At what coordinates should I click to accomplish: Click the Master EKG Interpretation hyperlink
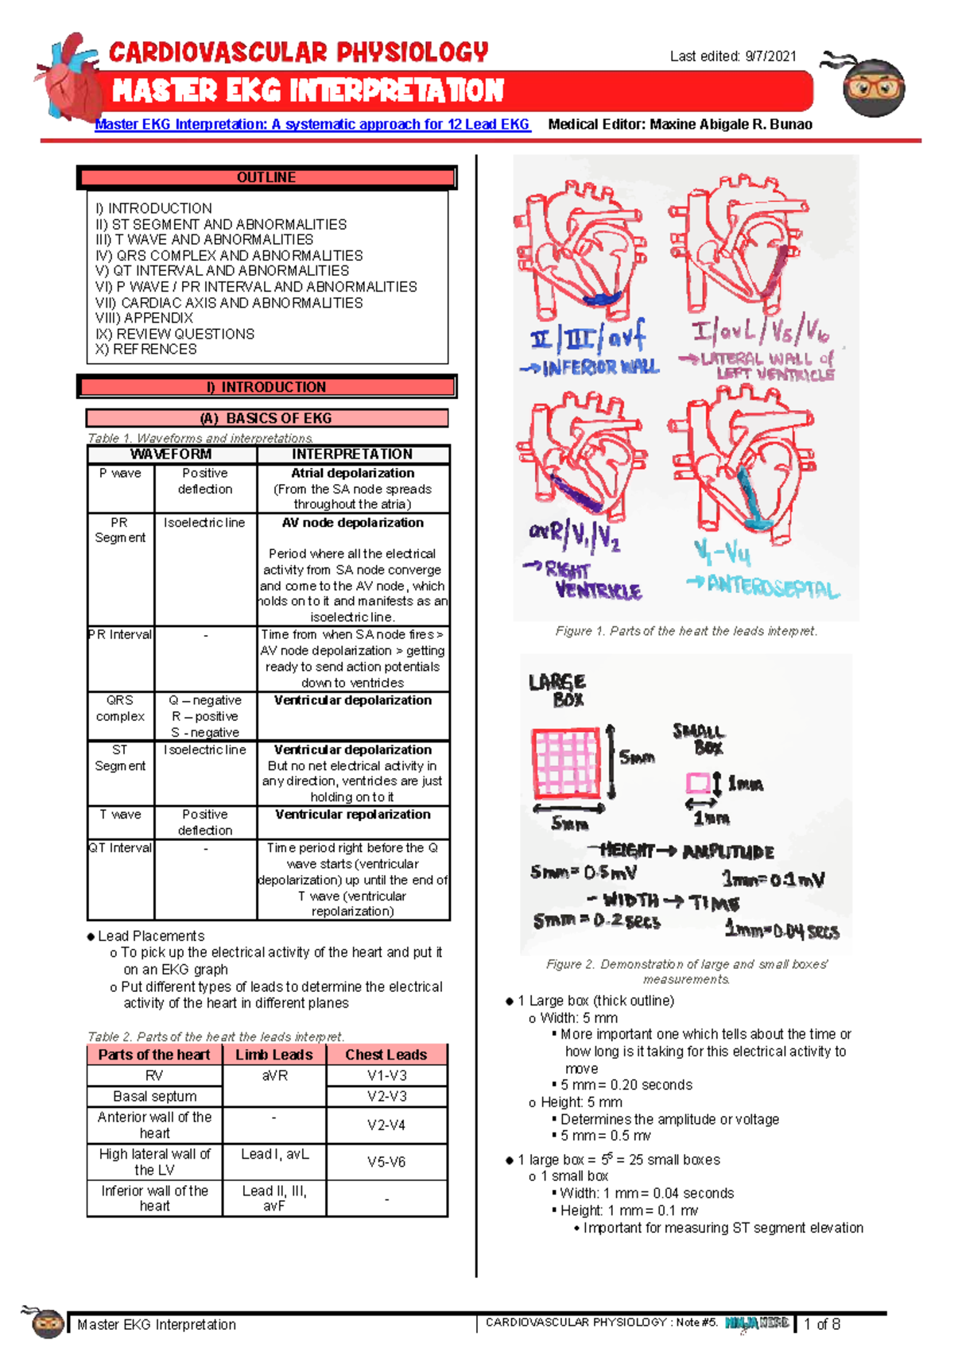pos(312,124)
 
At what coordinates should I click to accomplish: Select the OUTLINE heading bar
pos(266,177)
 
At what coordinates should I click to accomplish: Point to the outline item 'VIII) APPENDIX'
pos(144,318)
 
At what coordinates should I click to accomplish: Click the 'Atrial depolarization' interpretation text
pos(352,473)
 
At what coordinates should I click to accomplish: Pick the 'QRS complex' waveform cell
pos(120,708)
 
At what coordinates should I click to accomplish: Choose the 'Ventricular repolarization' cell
pos(352,815)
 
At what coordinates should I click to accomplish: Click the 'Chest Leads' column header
pos(386,1055)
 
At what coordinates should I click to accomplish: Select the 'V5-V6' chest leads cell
pos(386,1161)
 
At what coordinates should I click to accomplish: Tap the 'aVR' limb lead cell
pos(274,1075)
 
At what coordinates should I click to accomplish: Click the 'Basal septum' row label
pos(154,1096)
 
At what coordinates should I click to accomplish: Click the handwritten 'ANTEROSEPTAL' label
pos(771,587)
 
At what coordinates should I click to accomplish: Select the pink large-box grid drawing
pos(565,762)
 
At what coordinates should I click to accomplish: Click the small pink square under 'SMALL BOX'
pos(697,784)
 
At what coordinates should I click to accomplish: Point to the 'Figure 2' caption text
pos(686,971)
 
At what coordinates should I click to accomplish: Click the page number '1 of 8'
pos(822,1324)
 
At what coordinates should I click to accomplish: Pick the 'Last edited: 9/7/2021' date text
pos(732,56)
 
